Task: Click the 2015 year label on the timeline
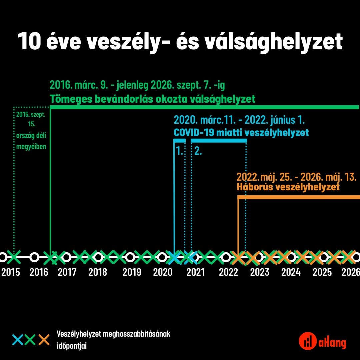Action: [11, 272]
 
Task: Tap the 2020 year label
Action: [163, 272]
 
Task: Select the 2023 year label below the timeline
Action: [259, 272]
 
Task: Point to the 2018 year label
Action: [98, 272]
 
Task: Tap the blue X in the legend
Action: [18, 340]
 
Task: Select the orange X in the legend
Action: [44, 340]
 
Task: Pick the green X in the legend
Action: [31, 340]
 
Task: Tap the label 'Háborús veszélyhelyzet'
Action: [288, 187]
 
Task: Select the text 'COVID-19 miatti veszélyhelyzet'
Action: [241, 133]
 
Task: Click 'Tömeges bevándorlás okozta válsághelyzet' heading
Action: [152, 99]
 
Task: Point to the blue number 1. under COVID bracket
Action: [179, 151]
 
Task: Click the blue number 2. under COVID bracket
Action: [198, 151]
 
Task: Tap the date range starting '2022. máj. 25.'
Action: [296, 177]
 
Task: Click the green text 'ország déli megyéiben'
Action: [31, 141]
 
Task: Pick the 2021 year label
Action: [196, 272]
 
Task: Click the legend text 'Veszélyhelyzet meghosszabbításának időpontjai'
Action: [114, 340]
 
